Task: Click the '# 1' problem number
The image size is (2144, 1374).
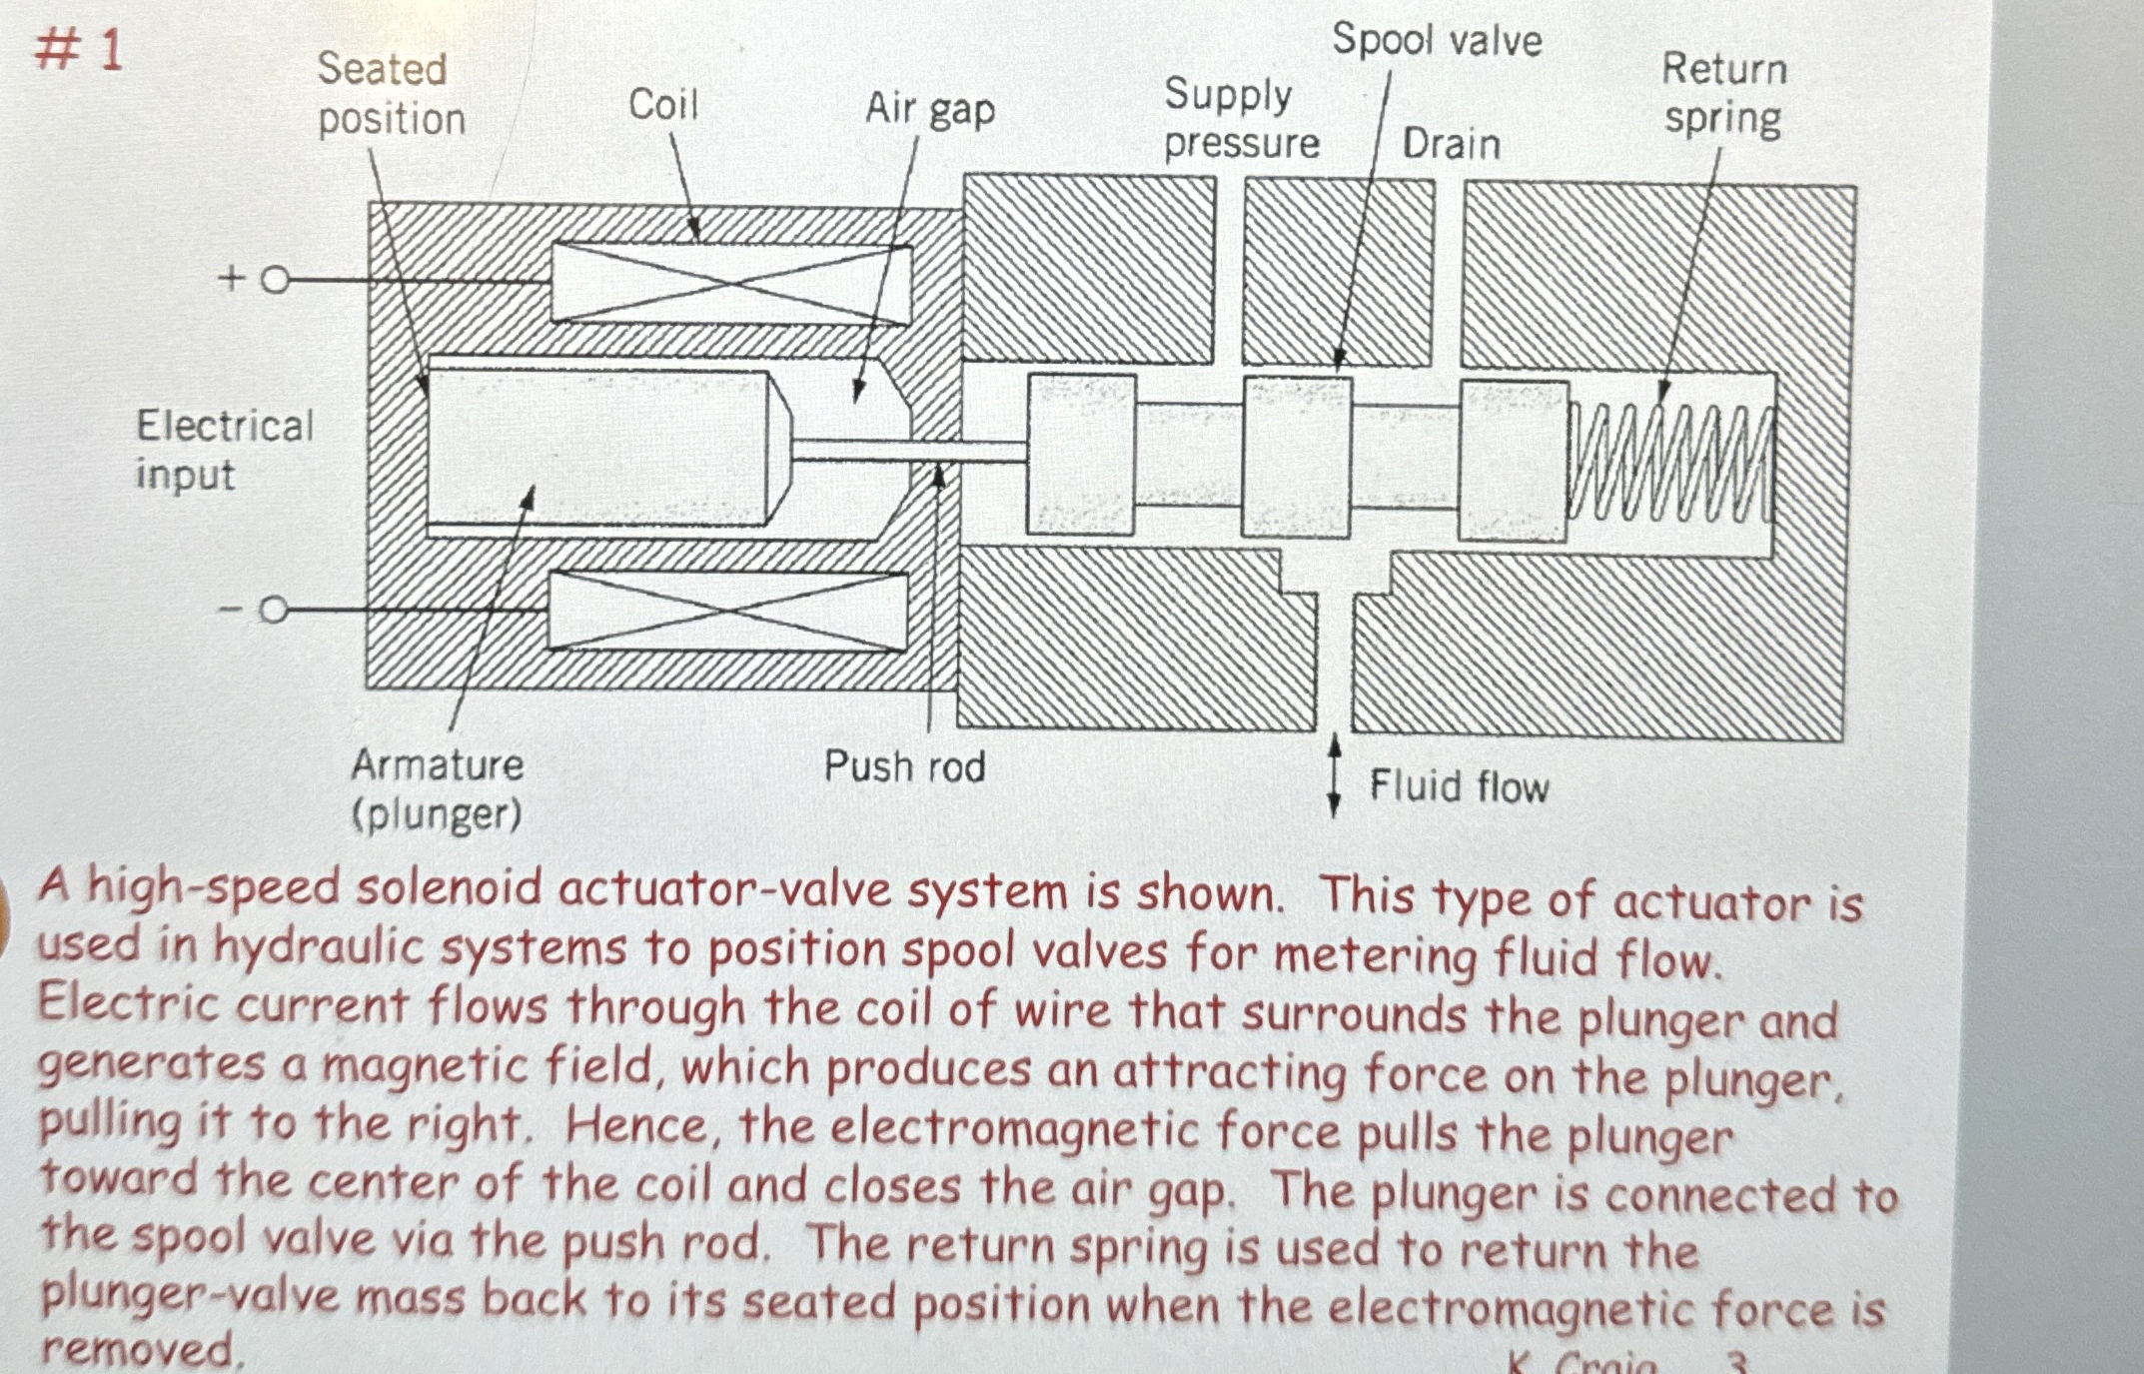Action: (x=79, y=49)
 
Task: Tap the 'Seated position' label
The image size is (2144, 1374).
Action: (x=391, y=94)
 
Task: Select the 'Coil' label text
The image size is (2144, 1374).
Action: (x=662, y=104)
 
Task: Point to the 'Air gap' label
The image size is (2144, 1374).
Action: (x=929, y=109)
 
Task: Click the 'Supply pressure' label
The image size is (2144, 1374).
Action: (x=1240, y=119)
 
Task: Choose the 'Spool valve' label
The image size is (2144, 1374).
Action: (x=1436, y=40)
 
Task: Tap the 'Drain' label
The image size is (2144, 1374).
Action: (x=1451, y=144)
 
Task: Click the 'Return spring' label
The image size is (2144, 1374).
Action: (x=1723, y=94)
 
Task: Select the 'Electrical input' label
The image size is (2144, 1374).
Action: (x=224, y=450)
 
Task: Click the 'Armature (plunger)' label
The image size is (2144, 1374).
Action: (x=437, y=789)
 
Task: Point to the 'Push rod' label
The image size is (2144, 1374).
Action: (x=904, y=767)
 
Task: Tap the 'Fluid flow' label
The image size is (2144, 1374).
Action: (x=1458, y=786)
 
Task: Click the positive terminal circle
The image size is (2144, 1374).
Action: (x=275, y=281)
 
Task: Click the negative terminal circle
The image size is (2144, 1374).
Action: (x=273, y=610)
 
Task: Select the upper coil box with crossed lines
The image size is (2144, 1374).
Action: (x=730, y=284)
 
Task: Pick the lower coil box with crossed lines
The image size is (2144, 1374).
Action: (x=728, y=612)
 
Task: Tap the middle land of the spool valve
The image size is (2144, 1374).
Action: (x=1296, y=457)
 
